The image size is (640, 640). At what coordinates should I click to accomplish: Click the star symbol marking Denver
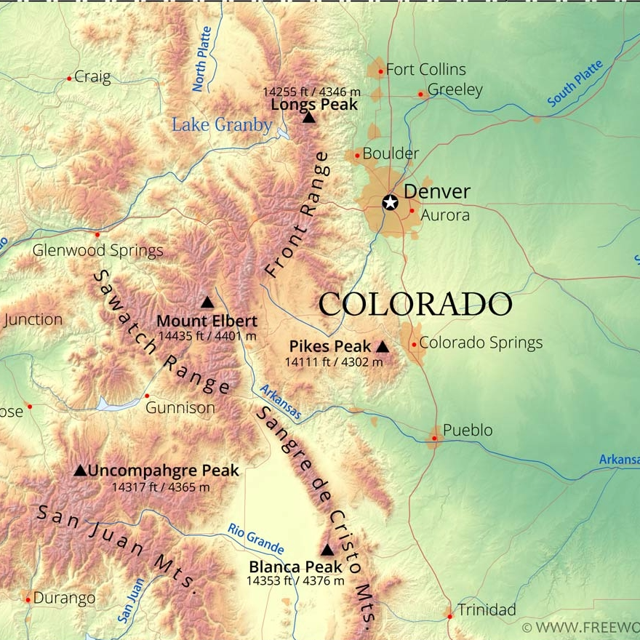tap(391, 202)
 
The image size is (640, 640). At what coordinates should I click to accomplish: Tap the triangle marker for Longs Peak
tap(309, 117)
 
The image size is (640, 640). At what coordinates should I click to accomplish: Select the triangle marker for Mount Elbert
tap(207, 303)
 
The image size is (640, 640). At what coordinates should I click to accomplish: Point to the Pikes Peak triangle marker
tap(383, 347)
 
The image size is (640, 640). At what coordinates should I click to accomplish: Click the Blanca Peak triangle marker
tap(327, 551)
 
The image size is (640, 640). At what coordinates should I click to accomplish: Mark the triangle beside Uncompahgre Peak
tap(80, 471)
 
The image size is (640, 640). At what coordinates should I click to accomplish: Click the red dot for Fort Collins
tap(380, 71)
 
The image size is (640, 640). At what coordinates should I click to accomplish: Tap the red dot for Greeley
tap(421, 94)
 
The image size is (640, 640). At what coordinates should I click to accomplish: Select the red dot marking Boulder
tap(357, 156)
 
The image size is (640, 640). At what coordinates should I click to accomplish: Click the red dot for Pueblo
tap(434, 438)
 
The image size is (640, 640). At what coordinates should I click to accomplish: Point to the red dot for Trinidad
tap(449, 616)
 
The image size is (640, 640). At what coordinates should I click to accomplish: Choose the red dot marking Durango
tap(28, 599)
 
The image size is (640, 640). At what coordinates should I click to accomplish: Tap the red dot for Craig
tap(70, 78)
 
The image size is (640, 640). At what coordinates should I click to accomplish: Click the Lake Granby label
tap(222, 124)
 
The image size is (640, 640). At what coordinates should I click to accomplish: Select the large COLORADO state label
tap(415, 304)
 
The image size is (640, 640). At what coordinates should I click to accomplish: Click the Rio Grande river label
tap(255, 539)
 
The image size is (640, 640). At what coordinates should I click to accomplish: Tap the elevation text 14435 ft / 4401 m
tap(207, 336)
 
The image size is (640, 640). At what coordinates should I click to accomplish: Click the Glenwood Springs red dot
tap(97, 234)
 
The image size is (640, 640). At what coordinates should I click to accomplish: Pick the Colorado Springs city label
tap(481, 343)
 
